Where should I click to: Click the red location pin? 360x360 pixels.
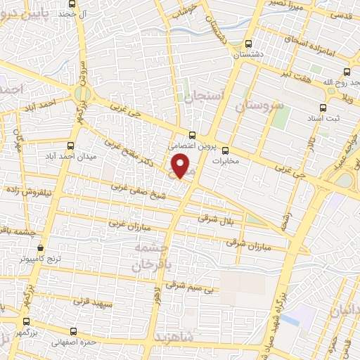point(181,167)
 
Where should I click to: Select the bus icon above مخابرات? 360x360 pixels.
point(225,150)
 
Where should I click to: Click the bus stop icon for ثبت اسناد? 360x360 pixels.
point(323,108)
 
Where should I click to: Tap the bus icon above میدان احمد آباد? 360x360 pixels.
point(70,146)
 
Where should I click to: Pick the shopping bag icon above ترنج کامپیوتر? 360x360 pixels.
point(40,248)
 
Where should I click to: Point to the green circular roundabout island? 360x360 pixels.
point(83,94)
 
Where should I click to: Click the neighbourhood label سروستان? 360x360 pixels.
point(262,108)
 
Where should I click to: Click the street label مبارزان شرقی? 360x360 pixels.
point(243,243)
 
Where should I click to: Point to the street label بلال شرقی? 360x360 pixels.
point(213,219)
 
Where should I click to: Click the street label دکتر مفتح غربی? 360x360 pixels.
point(131,149)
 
